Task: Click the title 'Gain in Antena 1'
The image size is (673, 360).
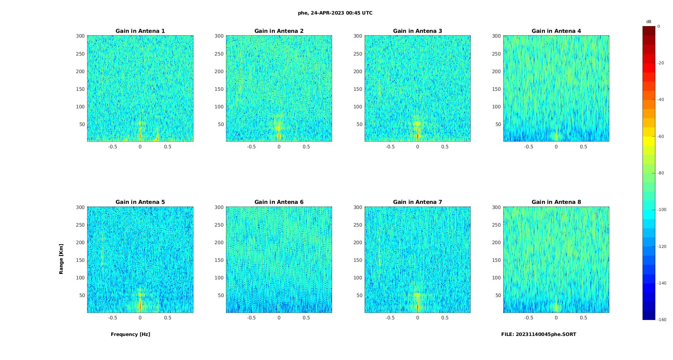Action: (x=140, y=31)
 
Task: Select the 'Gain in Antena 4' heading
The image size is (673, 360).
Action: (x=556, y=31)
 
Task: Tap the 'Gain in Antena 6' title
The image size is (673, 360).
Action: (x=279, y=202)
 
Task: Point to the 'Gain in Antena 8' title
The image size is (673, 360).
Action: (x=556, y=202)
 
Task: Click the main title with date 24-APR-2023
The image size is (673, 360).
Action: (x=335, y=13)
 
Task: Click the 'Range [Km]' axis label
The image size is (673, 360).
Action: (x=61, y=259)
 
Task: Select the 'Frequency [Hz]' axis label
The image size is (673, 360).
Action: (x=130, y=334)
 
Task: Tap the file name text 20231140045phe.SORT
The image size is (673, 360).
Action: (x=538, y=334)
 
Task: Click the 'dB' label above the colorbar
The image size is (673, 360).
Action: (x=649, y=22)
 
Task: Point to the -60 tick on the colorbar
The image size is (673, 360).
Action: (x=660, y=136)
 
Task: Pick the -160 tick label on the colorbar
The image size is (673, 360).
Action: (x=661, y=320)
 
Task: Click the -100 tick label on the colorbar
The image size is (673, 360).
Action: (x=661, y=210)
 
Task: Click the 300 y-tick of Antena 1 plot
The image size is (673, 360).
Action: (x=80, y=36)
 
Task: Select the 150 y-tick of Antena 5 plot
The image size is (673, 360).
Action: (x=80, y=260)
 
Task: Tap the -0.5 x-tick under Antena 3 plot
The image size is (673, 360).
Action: (x=390, y=147)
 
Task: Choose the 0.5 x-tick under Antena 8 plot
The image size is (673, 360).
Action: (x=583, y=318)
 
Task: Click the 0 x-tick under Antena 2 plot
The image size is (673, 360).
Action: (x=279, y=147)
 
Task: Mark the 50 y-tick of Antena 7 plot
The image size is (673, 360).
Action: (x=359, y=295)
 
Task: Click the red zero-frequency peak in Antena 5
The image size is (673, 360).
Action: (x=140, y=306)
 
